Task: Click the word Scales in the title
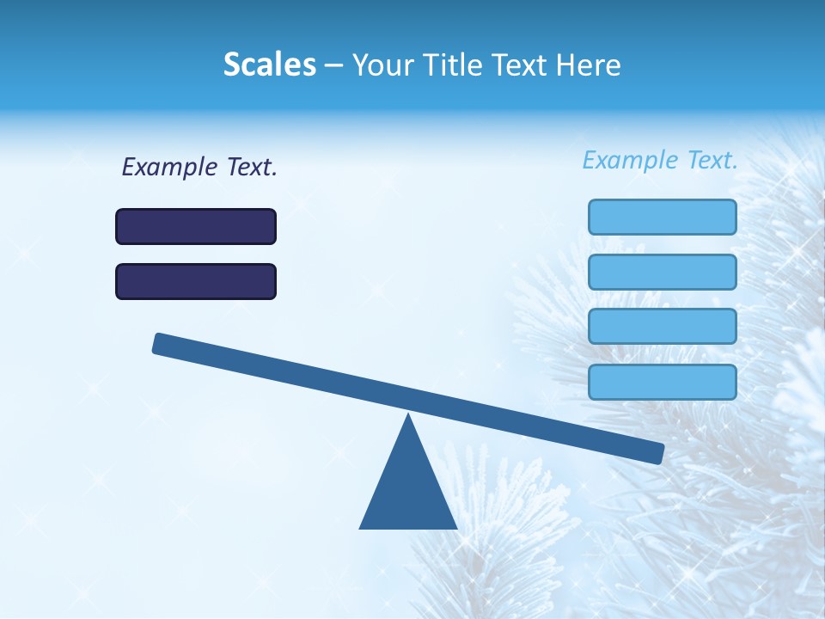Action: click(x=270, y=65)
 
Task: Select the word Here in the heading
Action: click(x=586, y=65)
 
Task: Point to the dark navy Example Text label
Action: click(x=199, y=167)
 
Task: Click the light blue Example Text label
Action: click(x=660, y=160)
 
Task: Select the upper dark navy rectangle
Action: click(x=196, y=226)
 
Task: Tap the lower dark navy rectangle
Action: click(x=196, y=281)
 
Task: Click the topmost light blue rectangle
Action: click(x=662, y=217)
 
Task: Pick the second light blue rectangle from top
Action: click(x=662, y=272)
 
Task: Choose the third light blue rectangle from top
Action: click(x=662, y=327)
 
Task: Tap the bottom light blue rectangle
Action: click(x=662, y=382)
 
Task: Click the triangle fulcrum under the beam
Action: click(x=408, y=490)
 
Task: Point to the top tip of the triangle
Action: click(x=408, y=416)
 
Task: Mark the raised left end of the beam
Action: click(x=161, y=343)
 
